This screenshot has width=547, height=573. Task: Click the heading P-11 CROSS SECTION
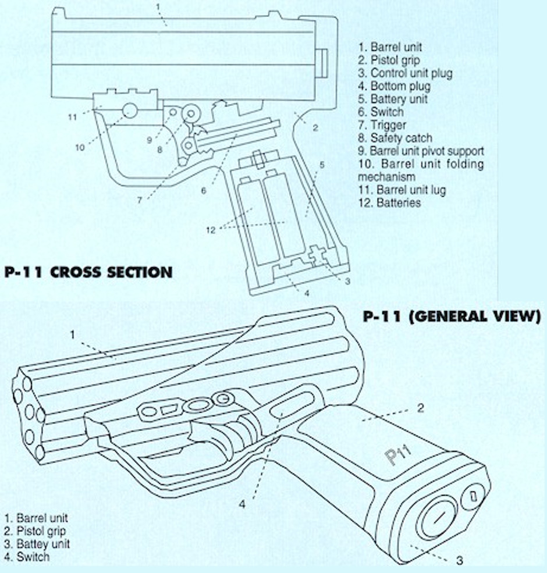click(88, 272)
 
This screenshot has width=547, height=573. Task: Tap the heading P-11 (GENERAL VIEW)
click(452, 316)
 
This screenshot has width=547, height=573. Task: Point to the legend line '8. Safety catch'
click(395, 138)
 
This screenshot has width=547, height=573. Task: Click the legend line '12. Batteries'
click(389, 202)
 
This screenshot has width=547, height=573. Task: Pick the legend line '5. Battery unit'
click(393, 99)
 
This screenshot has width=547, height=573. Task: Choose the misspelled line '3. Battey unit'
click(37, 544)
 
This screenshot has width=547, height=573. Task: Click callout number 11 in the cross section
click(72, 117)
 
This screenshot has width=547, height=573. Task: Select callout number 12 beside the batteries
click(211, 230)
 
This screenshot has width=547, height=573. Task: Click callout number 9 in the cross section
click(149, 140)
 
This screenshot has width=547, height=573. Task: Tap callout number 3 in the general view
click(459, 561)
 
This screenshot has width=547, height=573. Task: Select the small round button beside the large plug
click(473, 496)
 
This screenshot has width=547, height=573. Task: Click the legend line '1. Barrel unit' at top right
click(390, 47)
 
